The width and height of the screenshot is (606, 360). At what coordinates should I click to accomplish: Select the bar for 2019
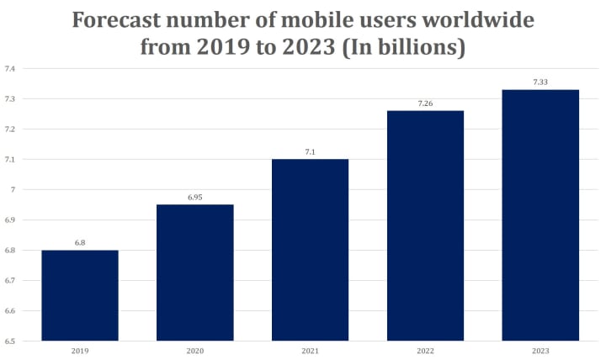click(x=80, y=295)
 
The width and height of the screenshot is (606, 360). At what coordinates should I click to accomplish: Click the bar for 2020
click(x=195, y=273)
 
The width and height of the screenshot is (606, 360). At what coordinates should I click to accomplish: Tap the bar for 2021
click(x=310, y=250)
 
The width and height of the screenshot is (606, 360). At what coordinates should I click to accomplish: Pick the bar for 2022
click(x=425, y=225)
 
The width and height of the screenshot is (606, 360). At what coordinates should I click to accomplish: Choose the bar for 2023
click(x=540, y=214)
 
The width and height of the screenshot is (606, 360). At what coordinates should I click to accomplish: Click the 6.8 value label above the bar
click(x=80, y=242)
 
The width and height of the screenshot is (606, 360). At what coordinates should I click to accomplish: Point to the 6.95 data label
click(x=195, y=197)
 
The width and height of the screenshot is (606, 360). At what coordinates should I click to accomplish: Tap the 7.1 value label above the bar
click(x=310, y=151)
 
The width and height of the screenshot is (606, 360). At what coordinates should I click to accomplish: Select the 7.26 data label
click(x=425, y=103)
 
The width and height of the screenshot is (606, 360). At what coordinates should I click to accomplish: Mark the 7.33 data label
click(x=540, y=82)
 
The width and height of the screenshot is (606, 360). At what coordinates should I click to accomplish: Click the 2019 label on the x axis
click(x=80, y=350)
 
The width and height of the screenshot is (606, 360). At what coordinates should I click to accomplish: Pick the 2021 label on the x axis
click(x=310, y=350)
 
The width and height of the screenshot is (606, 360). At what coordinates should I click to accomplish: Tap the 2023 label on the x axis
click(x=540, y=350)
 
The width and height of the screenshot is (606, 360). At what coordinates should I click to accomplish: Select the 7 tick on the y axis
click(x=12, y=189)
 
